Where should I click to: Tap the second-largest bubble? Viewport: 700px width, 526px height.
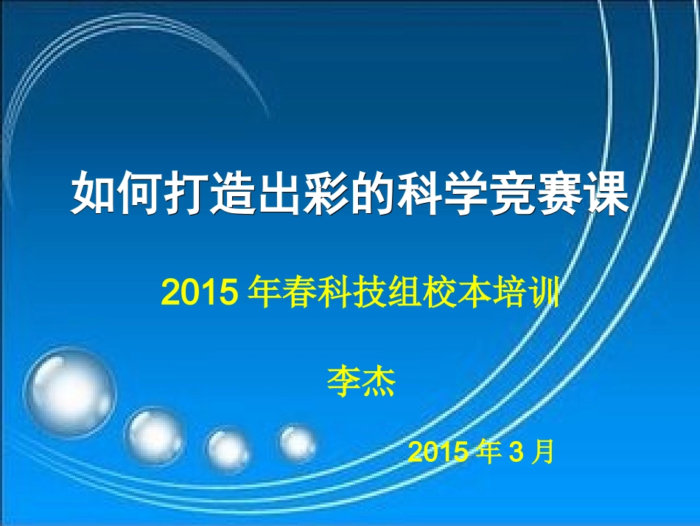click(155, 436)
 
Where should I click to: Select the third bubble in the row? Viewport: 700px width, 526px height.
click(228, 449)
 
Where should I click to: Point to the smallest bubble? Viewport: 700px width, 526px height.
click(297, 443)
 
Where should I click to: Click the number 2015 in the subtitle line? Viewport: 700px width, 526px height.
click(197, 294)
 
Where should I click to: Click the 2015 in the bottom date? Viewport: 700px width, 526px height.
click(438, 451)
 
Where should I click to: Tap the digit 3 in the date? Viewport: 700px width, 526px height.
click(516, 452)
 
